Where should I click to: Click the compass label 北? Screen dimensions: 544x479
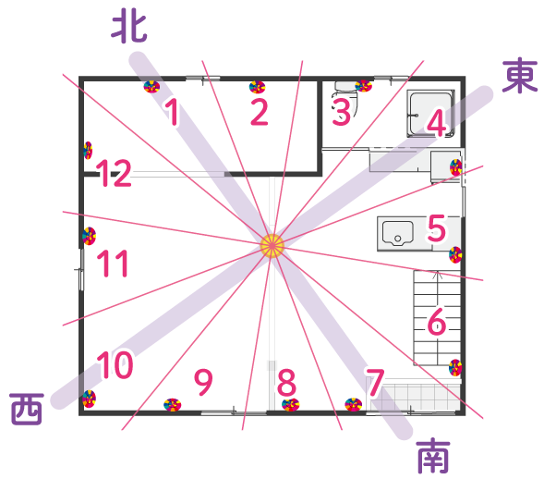[129, 29]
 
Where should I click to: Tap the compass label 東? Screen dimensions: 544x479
[520, 76]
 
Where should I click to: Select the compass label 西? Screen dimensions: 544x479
[27, 409]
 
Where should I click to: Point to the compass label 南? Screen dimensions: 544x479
[433, 455]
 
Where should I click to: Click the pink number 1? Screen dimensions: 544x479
[172, 112]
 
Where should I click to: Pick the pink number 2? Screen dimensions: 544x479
[260, 112]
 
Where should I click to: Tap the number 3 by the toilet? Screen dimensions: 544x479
[342, 112]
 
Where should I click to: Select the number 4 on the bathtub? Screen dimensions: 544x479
[437, 122]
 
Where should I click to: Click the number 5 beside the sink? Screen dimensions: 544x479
[437, 227]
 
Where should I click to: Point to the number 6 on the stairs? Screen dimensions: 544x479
[437, 321]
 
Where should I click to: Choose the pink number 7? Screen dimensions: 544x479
[375, 383]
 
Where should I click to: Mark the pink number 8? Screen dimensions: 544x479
[286, 383]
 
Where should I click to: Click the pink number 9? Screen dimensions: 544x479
[203, 382]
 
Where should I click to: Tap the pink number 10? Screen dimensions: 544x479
[115, 364]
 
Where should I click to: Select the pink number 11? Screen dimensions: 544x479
[113, 264]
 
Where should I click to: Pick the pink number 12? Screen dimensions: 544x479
[114, 173]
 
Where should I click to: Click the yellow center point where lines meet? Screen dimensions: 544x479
[272, 246]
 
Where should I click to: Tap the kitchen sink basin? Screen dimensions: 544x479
[397, 233]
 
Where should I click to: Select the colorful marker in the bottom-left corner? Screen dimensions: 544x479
[90, 399]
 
